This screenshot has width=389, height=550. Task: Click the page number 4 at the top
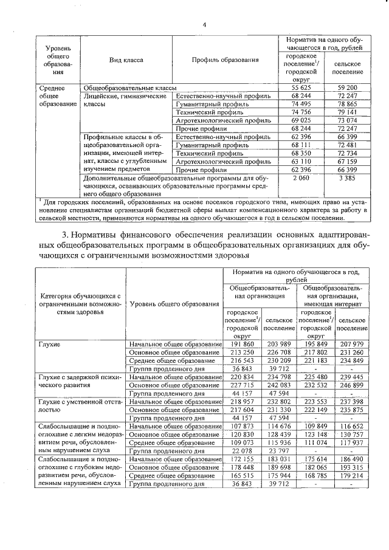[205, 25]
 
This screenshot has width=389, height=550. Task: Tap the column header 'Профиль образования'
[225, 60]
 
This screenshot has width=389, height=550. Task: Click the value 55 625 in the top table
[297, 88]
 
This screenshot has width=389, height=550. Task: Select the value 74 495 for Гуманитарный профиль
[297, 104]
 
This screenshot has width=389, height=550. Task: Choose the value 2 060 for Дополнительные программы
[297, 178]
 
